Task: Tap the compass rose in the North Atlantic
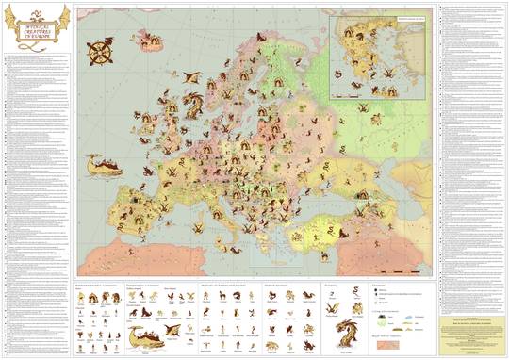pyautogui.click(x=98, y=54)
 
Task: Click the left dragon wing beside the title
pyautogui.click(x=12, y=16)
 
